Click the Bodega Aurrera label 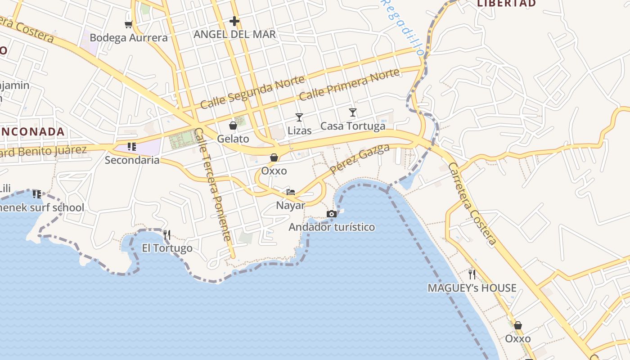click(x=129, y=38)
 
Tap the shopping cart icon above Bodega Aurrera click(x=129, y=24)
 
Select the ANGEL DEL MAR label click(x=234, y=35)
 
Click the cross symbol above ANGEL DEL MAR click(x=234, y=21)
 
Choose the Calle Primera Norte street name click(x=349, y=85)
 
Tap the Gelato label click(x=233, y=139)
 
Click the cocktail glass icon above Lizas click(x=299, y=117)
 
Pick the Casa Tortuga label click(x=353, y=126)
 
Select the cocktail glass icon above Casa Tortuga click(x=353, y=112)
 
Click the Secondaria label click(x=132, y=160)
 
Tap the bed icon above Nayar click(x=291, y=192)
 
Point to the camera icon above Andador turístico click(x=332, y=214)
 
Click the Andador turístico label click(x=332, y=227)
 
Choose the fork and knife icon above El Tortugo click(x=167, y=234)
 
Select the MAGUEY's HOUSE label click(x=472, y=288)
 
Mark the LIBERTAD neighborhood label click(x=506, y=4)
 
